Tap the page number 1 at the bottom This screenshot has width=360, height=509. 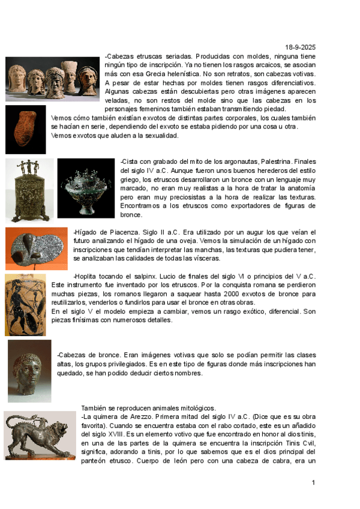tap(313, 483)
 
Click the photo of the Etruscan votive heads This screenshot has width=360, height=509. tap(52, 79)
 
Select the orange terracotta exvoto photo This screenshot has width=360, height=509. tap(26, 129)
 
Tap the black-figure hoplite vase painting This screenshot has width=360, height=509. tap(25, 304)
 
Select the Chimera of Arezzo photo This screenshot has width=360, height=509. tap(40, 435)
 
